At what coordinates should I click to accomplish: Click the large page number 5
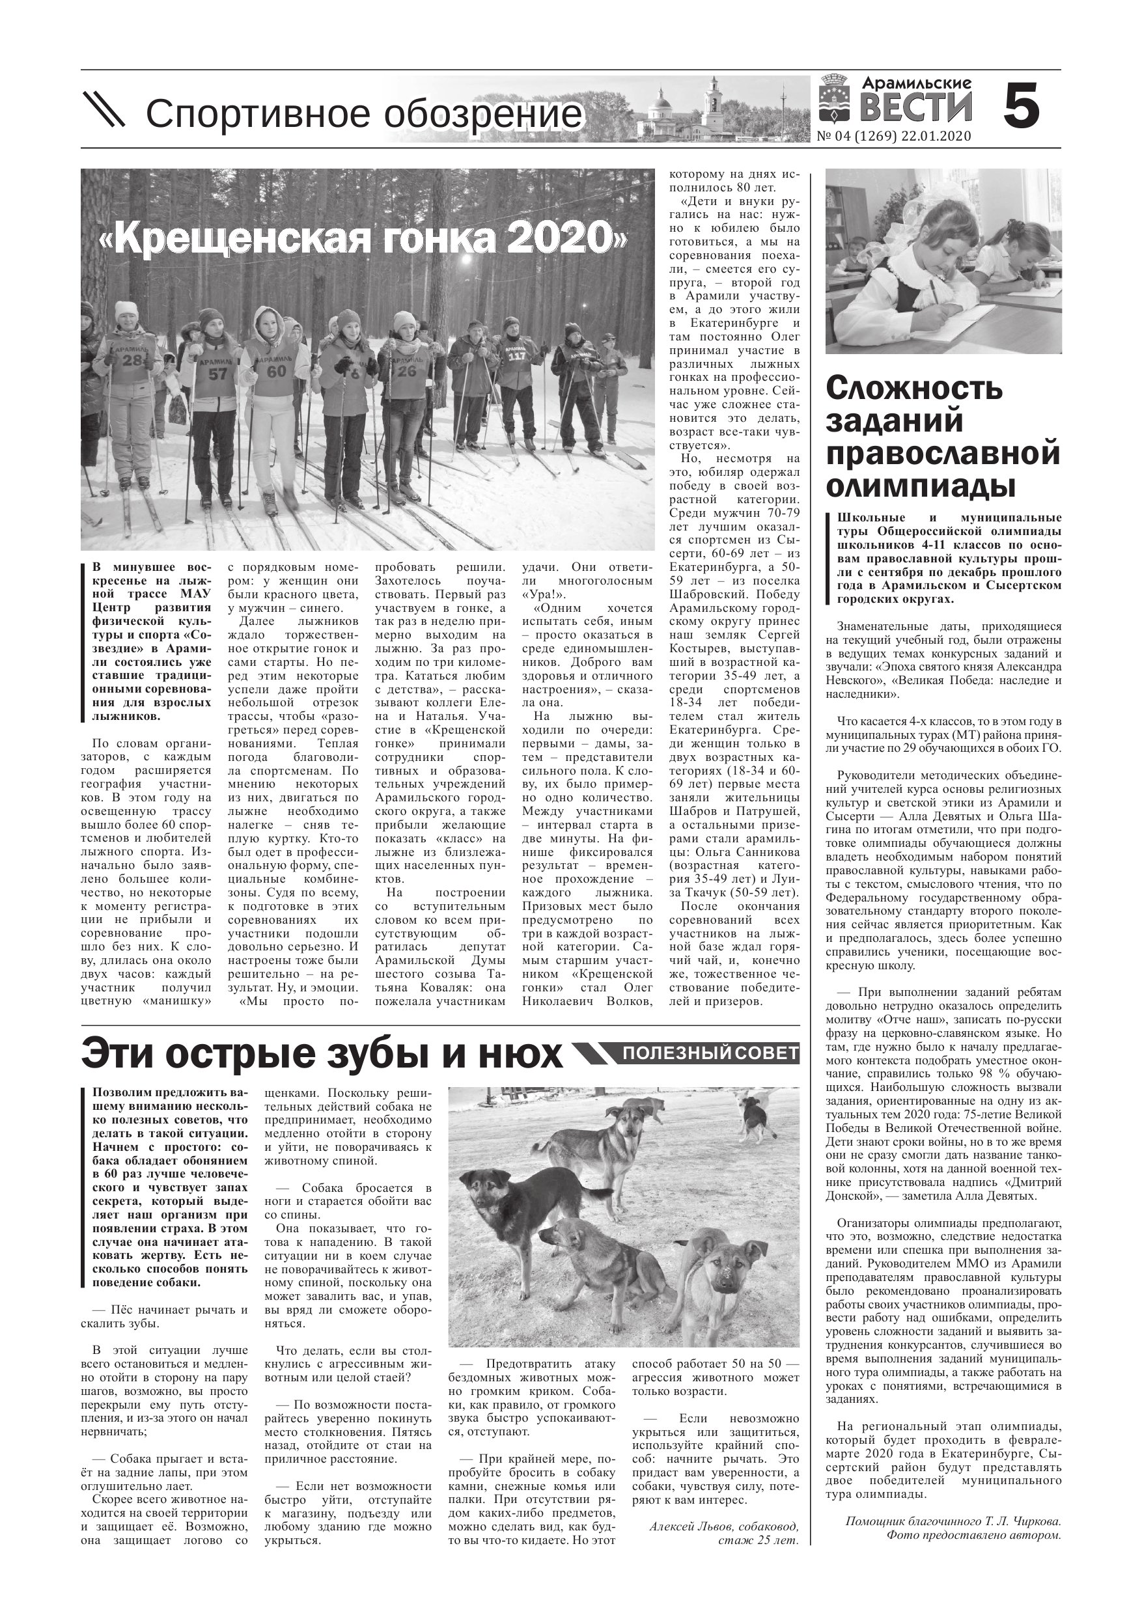coord(1020,105)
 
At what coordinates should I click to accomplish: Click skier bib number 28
coord(132,361)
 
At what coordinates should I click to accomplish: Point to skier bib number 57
coord(217,373)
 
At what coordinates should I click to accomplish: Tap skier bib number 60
coord(276,370)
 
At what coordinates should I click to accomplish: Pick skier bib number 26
coord(406,370)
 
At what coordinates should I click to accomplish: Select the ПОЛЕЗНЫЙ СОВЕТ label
coord(710,1053)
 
